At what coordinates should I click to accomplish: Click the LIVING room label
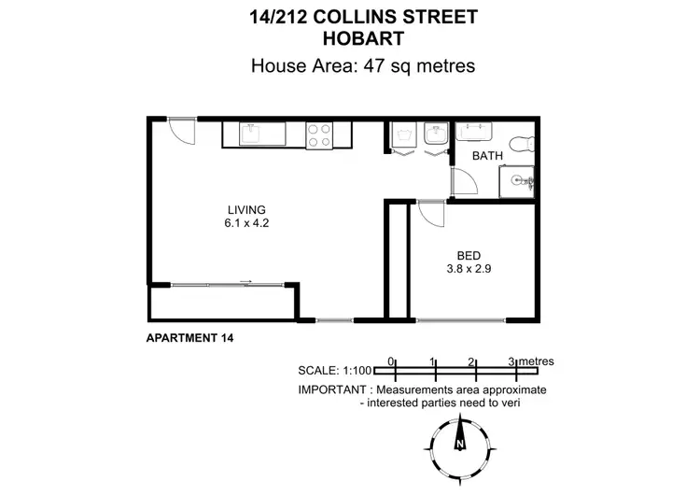point(247,209)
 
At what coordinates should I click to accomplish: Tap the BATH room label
point(486,156)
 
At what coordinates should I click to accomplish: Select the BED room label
point(469,255)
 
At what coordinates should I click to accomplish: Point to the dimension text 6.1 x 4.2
point(247,223)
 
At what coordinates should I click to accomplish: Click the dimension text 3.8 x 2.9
point(469,269)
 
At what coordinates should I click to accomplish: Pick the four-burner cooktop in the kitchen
point(319,135)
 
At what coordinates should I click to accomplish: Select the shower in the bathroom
point(516,180)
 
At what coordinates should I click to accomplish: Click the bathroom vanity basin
point(470,132)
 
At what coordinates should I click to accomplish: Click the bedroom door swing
point(431,216)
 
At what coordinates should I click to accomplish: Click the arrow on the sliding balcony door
point(245,280)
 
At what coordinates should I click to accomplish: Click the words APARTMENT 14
point(189,338)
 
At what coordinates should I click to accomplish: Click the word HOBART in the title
point(363,38)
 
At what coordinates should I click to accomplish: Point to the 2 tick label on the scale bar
point(472,361)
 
